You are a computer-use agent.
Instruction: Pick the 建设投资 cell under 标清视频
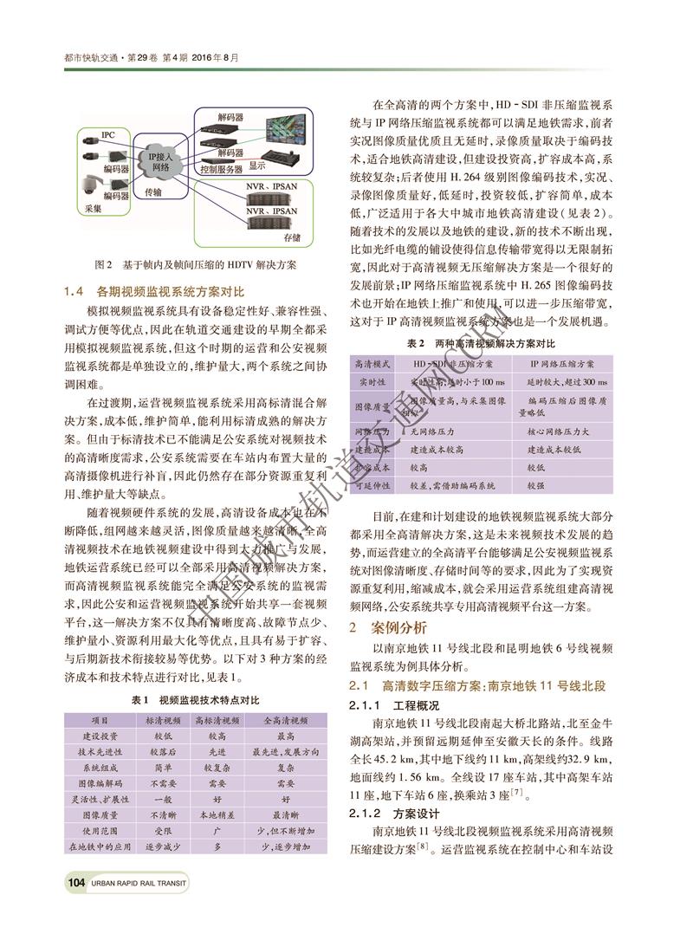click(x=163, y=735)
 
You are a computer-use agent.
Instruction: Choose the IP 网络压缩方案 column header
click(x=561, y=364)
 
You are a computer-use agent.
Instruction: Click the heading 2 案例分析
click(x=382, y=625)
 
